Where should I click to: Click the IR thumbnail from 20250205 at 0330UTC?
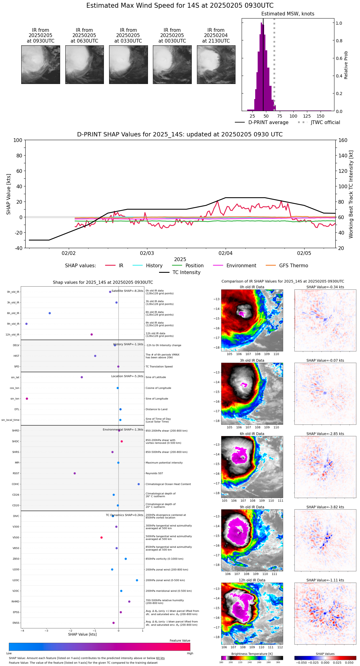pos(128,65)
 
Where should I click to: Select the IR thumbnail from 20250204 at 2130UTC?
pos(216,65)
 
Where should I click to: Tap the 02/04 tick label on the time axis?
pos(226,253)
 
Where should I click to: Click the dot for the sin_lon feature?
pos(27,399)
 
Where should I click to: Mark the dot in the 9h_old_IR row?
pos(27,324)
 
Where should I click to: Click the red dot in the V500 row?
pos(101,538)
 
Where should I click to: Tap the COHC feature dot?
pos(139,484)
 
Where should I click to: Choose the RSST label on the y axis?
pos(16,473)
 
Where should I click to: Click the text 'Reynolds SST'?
pos(154,473)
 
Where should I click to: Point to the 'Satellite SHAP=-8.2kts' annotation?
pos(127,291)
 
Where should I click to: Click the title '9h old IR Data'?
pos(252,507)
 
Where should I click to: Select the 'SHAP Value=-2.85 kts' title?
pos(325,434)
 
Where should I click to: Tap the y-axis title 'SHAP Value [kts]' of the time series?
pos(9,194)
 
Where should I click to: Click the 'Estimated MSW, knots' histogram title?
pos(288,14)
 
